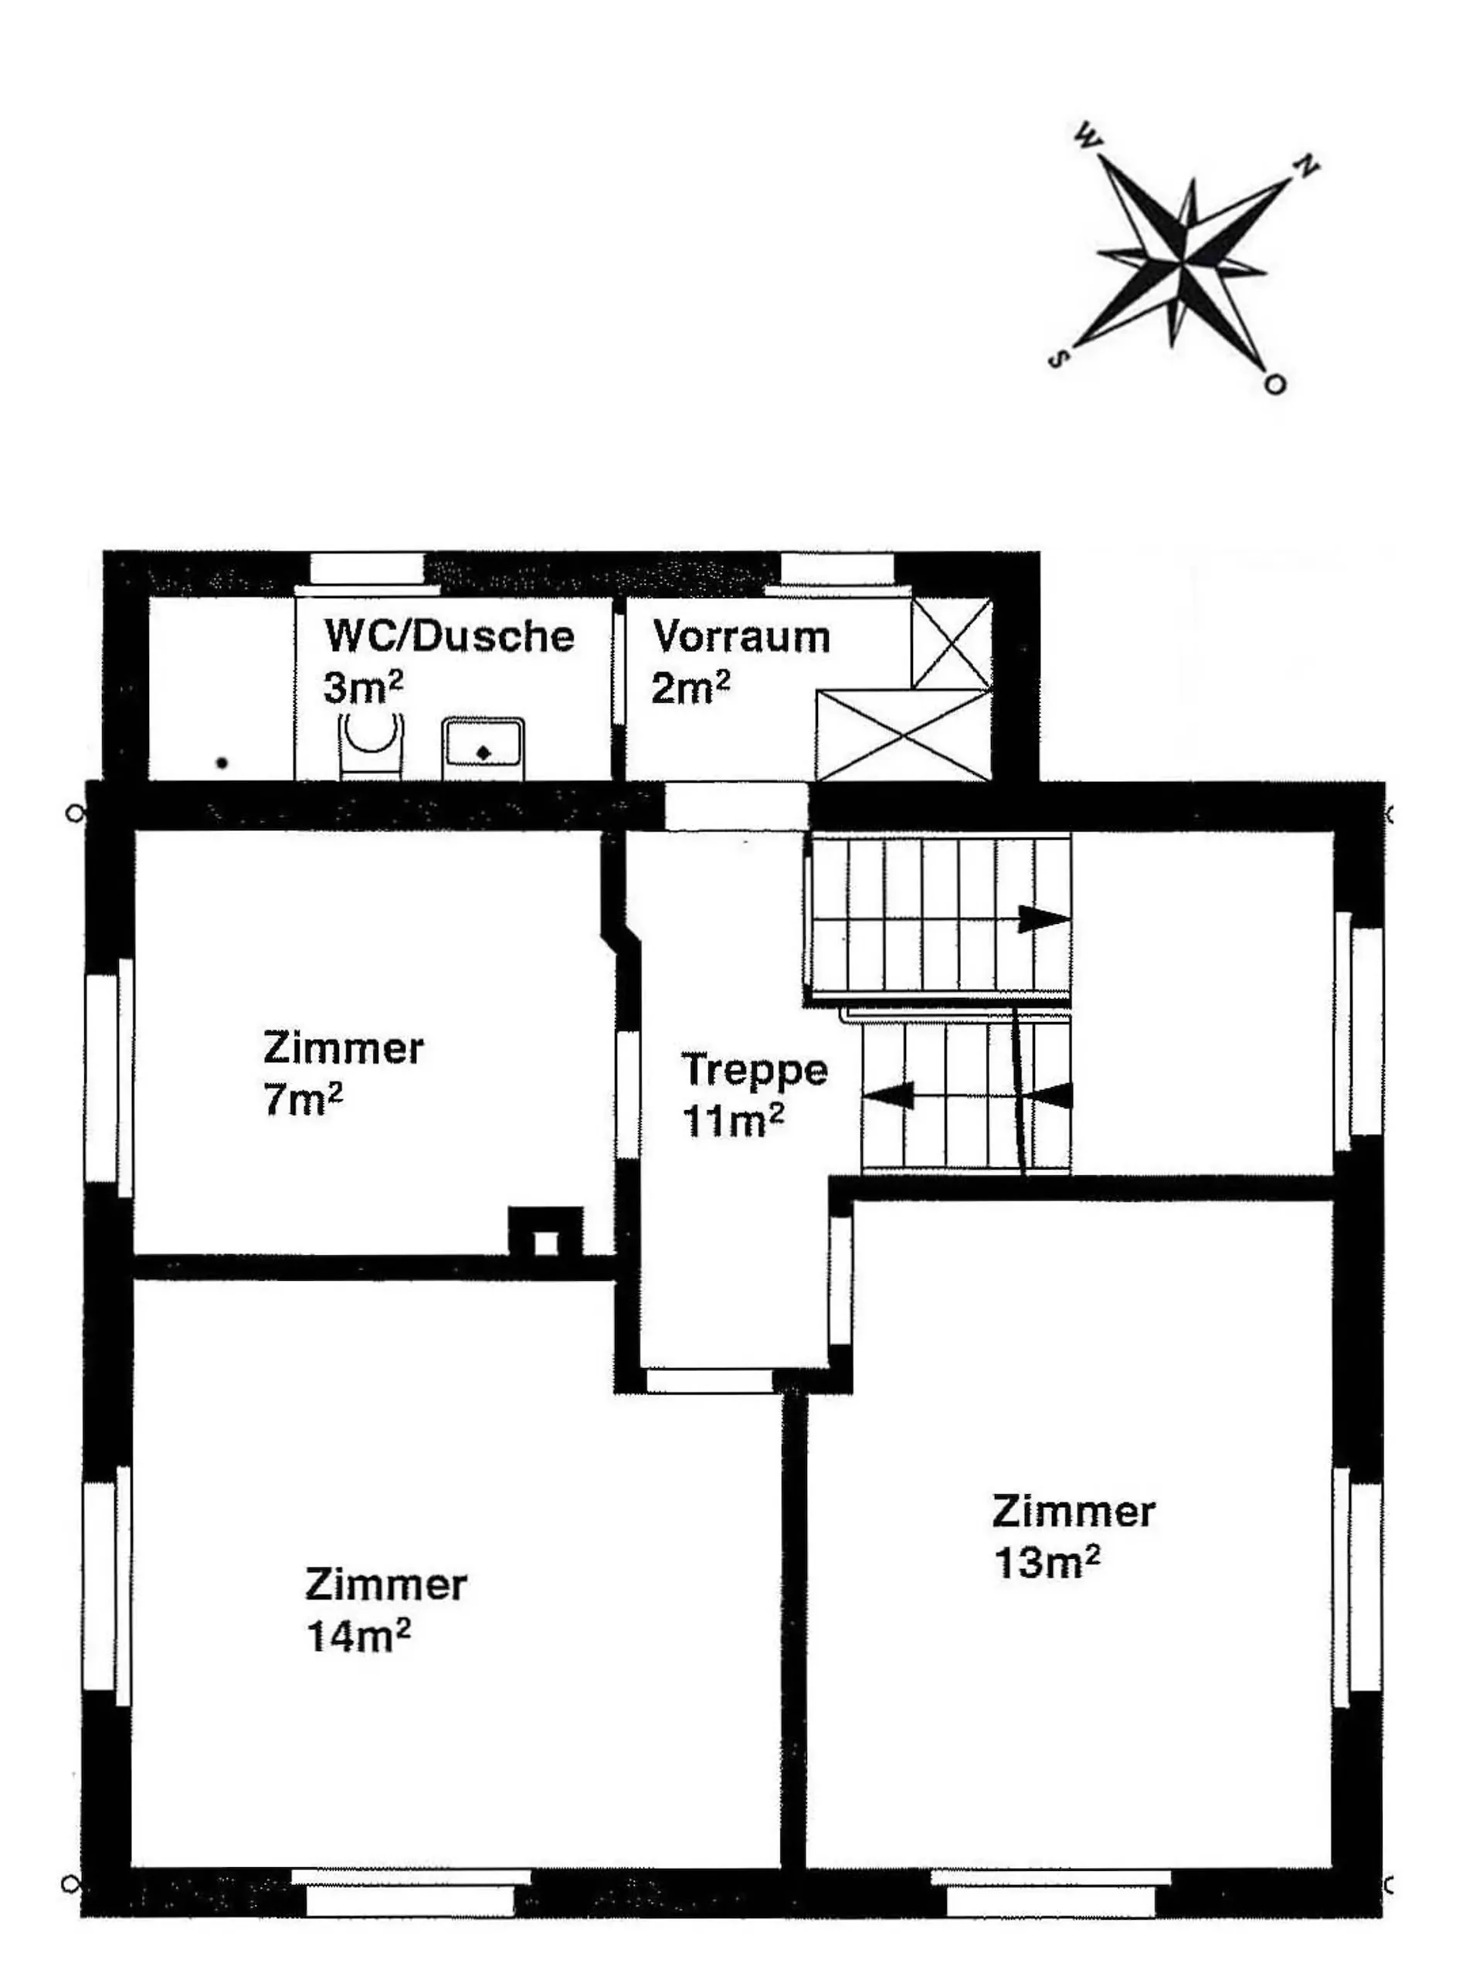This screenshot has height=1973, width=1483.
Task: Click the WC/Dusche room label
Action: click(x=449, y=636)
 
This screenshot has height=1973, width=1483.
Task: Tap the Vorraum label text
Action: click(x=741, y=637)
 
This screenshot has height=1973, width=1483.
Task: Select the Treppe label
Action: click(x=755, y=1069)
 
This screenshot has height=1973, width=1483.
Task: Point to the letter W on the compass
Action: click(x=1088, y=136)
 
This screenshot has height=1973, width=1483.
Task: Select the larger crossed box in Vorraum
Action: click(x=904, y=734)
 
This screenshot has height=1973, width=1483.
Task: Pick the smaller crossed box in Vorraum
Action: click(x=951, y=642)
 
